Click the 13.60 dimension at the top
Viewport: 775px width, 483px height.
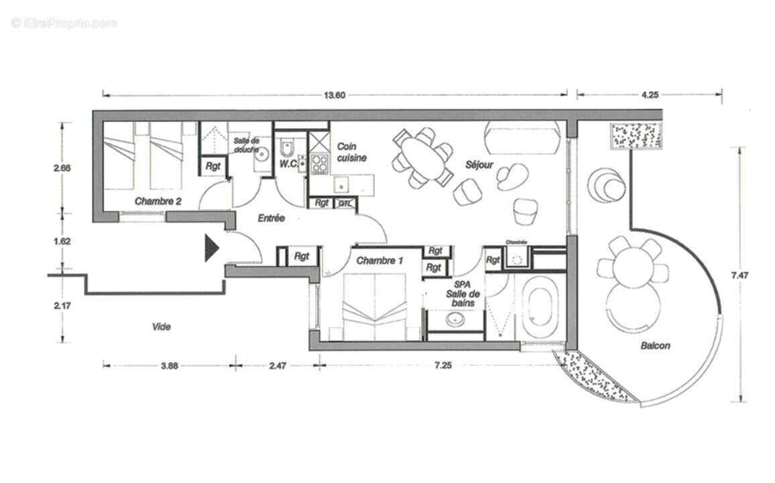coord(335,95)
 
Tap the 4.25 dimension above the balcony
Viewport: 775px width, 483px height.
coord(648,95)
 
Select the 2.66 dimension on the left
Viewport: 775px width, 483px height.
coord(62,168)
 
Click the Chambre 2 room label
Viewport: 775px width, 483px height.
coord(158,201)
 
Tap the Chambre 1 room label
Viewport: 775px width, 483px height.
coord(379,260)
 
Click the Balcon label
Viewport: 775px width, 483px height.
coord(654,346)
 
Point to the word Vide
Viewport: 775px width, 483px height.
coord(161,327)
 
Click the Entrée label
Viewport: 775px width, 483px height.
coord(271,218)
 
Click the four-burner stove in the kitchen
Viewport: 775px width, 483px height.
coord(318,163)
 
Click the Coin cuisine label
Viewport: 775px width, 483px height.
coord(351,152)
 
